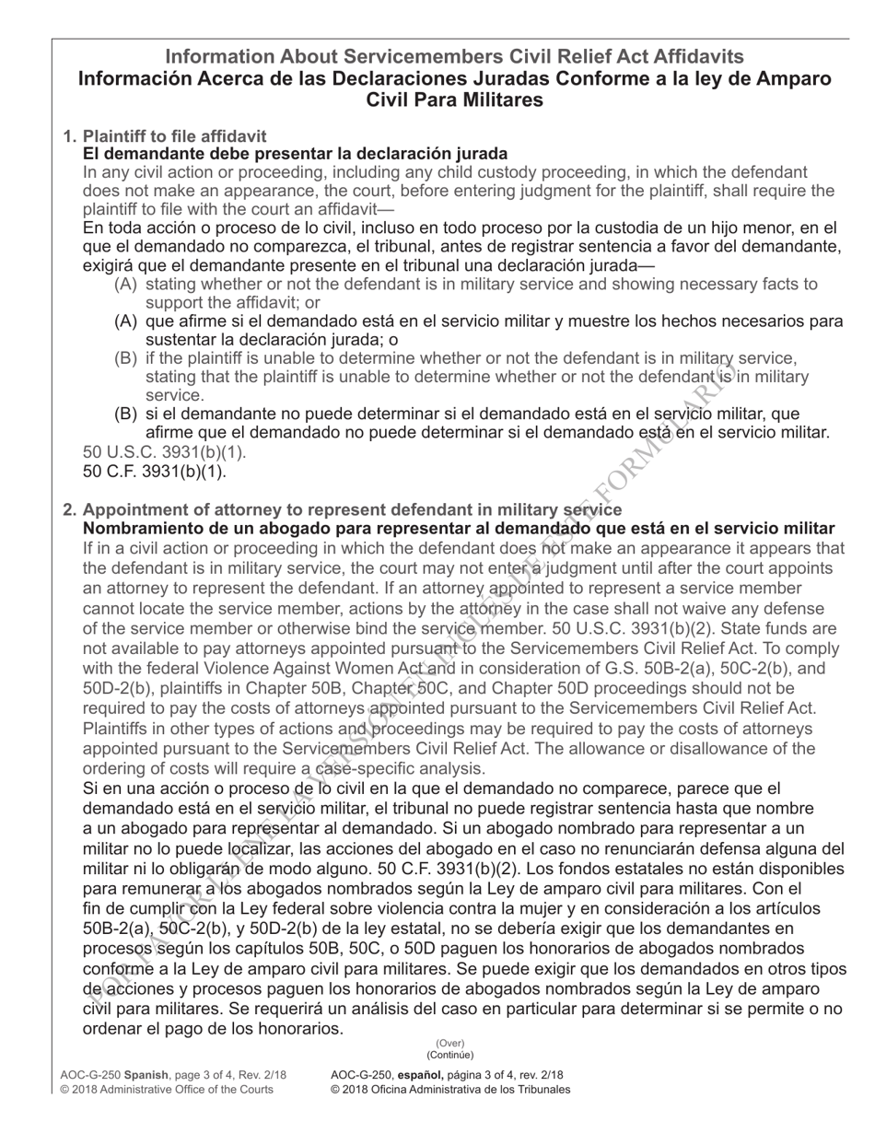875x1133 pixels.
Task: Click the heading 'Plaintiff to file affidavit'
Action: point(175,136)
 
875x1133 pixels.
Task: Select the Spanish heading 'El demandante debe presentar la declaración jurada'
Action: point(295,154)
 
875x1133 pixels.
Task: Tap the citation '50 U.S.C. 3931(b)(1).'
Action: point(165,453)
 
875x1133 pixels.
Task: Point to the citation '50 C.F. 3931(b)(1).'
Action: point(155,472)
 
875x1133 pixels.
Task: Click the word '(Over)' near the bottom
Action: point(449,1044)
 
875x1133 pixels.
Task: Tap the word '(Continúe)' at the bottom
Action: point(449,1056)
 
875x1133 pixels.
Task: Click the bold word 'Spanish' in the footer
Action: point(146,1075)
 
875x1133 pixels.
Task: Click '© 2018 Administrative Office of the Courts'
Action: point(167,1090)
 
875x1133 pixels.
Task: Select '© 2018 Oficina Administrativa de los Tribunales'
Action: point(450,1090)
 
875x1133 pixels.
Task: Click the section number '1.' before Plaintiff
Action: point(70,136)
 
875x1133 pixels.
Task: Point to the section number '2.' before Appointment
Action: point(70,510)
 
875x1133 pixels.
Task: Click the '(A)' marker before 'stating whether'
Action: point(126,285)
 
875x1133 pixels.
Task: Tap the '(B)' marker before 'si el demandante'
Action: point(126,414)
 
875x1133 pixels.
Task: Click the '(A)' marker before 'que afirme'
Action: point(126,321)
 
